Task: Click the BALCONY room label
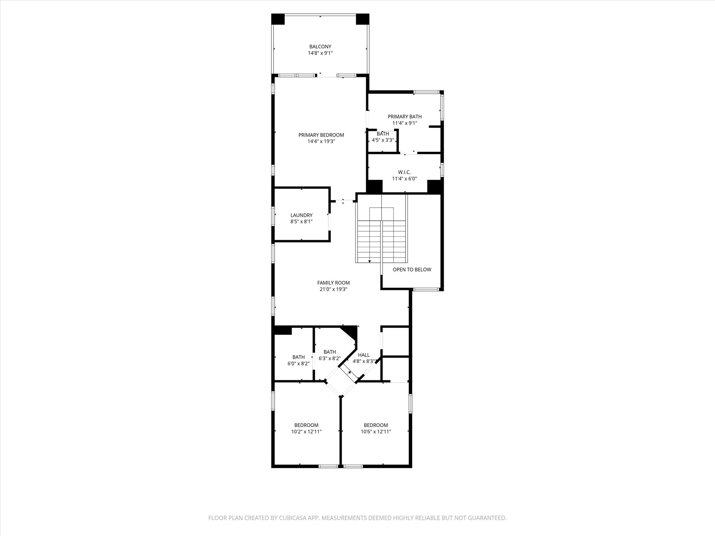click(320, 46)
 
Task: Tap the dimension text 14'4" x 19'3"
click(321, 141)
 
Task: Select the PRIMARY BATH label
click(404, 117)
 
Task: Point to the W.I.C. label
click(404, 172)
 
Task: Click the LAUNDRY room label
click(301, 215)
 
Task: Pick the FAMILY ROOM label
click(333, 283)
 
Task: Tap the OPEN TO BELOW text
click(412, 269)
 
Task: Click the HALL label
click(363, 355)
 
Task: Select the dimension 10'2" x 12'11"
click(306, 432)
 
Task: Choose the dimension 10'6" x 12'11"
click(376, 432)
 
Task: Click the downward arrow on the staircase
click(369, 261)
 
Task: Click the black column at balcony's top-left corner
click(278, 19)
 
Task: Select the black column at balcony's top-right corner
click(362, 19)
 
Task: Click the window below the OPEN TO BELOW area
click(426, 289)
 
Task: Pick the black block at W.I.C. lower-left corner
click(374, 186)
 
